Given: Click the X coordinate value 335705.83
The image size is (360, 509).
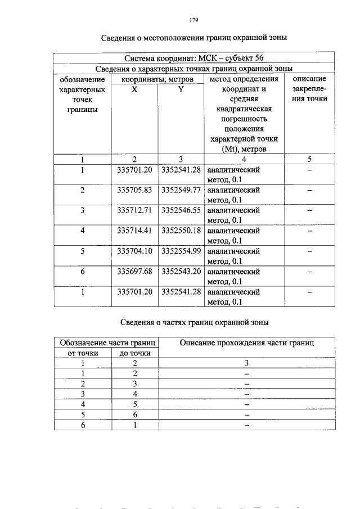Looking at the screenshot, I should coord(134,190).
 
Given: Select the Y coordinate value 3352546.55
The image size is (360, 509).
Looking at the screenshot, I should coord(181,210).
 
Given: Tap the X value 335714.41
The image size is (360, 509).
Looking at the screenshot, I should coord(134,231).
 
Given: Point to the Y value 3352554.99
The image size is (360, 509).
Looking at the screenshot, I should coord(181,251).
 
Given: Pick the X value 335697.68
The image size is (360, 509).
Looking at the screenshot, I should coord(134,271).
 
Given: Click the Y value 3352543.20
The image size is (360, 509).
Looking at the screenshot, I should coord(181,271).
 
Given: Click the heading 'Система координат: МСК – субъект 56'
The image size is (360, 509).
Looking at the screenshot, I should coord(193,58).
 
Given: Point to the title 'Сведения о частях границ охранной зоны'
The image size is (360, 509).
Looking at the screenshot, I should coord(194,322).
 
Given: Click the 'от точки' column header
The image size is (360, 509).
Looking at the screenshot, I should coord(83,353).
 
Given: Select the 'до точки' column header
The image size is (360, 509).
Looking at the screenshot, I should coord(135,353).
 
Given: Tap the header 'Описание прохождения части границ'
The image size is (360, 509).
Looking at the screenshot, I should coord(246,343).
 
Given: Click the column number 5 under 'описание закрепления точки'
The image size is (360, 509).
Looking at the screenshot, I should coord(309,159).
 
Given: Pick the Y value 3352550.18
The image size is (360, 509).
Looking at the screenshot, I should coord(181,231).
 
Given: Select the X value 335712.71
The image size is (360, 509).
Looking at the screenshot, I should coord(134,210).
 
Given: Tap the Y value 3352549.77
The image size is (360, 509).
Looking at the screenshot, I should coord(181,190).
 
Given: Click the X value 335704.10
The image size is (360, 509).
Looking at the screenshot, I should coord(134,251).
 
